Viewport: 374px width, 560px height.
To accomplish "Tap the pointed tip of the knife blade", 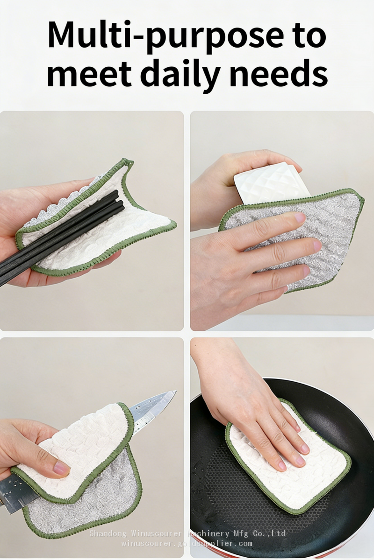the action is point(176,391).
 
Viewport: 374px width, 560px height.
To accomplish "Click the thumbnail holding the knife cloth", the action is point(61,467).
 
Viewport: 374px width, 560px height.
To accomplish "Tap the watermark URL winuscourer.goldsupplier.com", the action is point(187,543).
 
